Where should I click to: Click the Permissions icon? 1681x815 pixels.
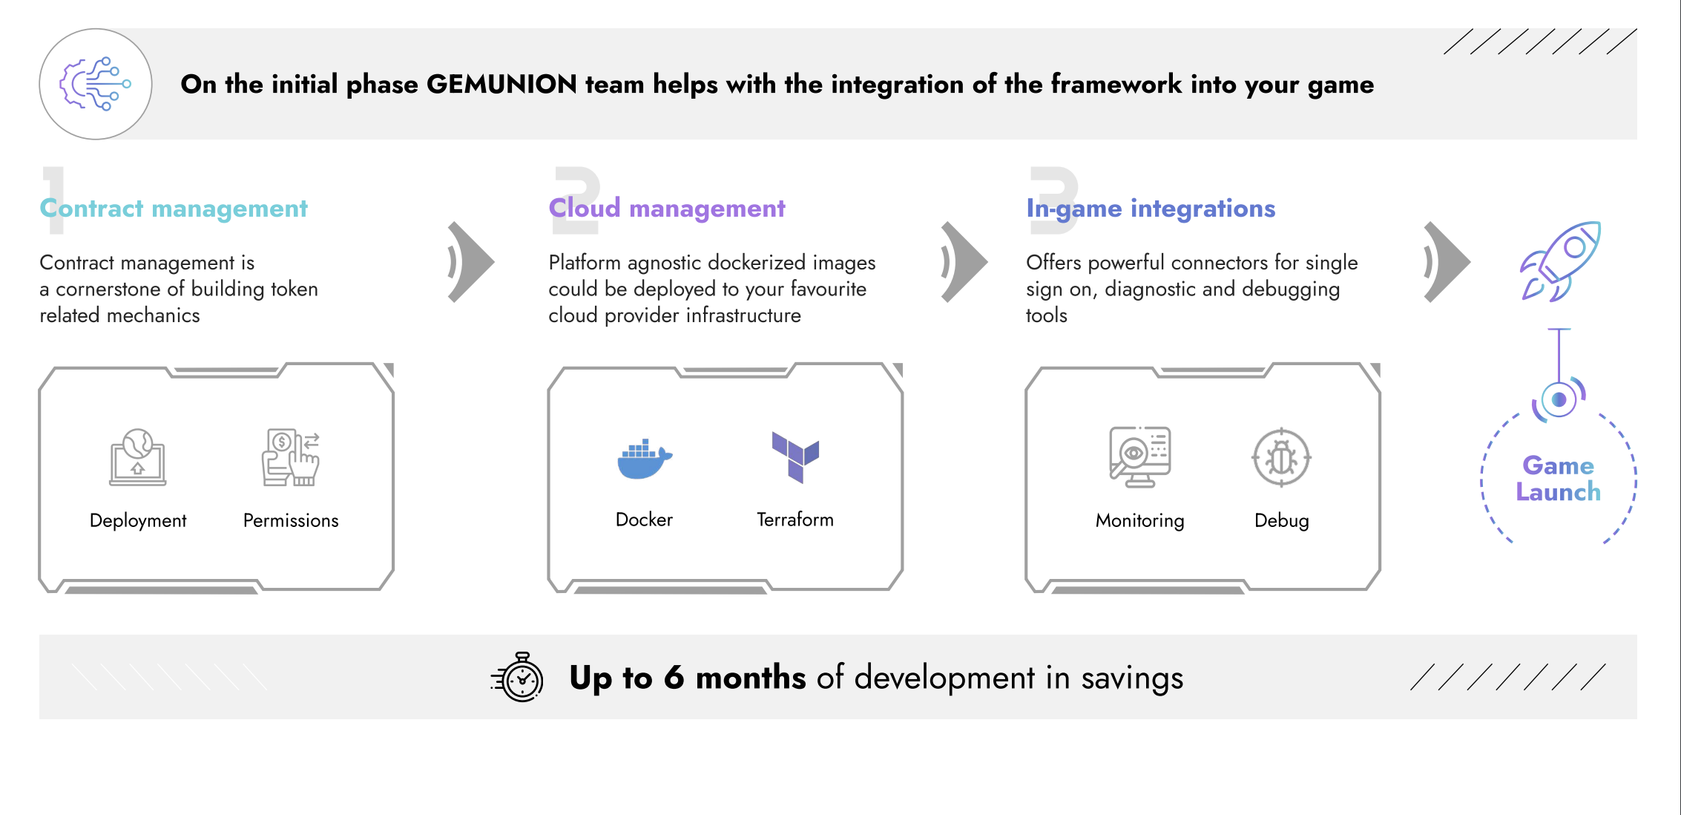(x=291, y=457)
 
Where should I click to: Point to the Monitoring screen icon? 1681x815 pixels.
(x=1140, y=456)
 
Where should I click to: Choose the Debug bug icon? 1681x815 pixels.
(x=1281, y=457)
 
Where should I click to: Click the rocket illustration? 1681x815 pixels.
(x=1560, y=261)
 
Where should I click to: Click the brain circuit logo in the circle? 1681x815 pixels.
(x=96, y=84)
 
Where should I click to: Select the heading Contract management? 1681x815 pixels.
(x=174, y=209)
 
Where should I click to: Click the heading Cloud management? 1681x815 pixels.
(x=667, y=209)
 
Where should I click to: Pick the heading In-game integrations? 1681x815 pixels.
(x=1151, y=209)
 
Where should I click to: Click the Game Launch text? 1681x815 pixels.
(x=1559, y=479)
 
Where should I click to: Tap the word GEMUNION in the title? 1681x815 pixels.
(x=501, y=85)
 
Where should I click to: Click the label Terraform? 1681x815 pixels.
(x=795, y=520)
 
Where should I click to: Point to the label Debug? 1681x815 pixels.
(x=1282, y=520)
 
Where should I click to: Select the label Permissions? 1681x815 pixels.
(x=291, y=520)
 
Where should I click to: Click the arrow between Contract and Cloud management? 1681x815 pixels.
(x=471, y=262)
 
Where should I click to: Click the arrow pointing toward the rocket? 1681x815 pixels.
(x=1447, y=262)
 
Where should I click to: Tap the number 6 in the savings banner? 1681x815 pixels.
(x=674, y=678)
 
